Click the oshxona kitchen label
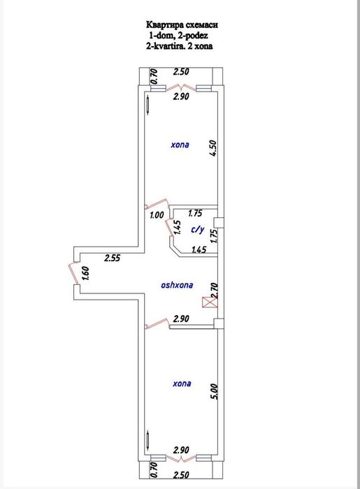tap(176, 284)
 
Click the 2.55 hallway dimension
tap(113, 258)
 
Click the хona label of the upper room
tap(179, 146)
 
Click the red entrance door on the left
tap(69, 272)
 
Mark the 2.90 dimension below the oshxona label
tap(182, 319)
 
